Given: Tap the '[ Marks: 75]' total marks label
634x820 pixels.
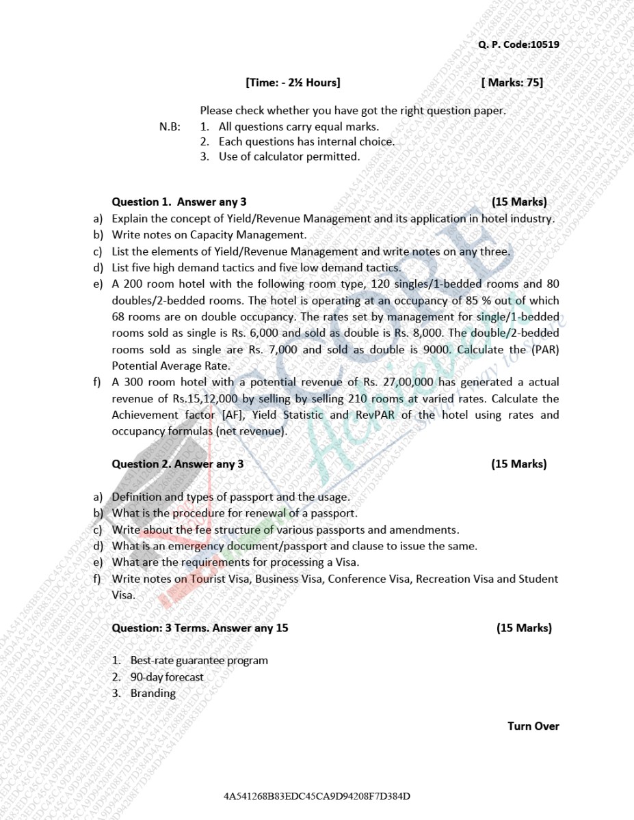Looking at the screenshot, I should coord(512,83).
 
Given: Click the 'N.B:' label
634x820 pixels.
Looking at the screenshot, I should coord(170,126).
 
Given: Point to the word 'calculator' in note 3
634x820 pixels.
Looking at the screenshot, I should coord(267,156).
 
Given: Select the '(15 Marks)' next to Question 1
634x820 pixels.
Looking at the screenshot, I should coord(518,202).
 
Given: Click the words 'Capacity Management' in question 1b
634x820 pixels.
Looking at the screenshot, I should coord(257,234).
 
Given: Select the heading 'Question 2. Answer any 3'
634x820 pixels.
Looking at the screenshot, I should coord(177,464).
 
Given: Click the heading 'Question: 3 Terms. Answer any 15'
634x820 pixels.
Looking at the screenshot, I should coord(200,628).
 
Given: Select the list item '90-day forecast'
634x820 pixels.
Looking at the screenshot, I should coord(167,677).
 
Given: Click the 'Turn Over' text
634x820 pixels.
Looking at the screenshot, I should coord(533,726).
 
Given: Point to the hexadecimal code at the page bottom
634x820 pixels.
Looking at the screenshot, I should coord(317,797).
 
